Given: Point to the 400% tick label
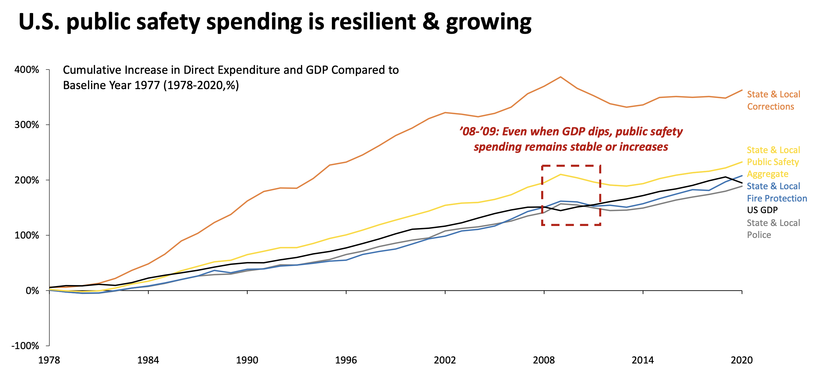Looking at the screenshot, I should coord(27,70).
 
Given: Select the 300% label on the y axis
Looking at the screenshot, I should coord(27,125).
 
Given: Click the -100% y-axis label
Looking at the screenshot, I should coord(25,345).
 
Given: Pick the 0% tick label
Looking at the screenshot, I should coord(32,290).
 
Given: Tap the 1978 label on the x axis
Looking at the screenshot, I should coord(49,360).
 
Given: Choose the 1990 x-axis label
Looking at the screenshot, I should coord(247,360).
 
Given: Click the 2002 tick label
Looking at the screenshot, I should coord(445,360).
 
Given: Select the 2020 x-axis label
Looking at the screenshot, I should coord(741,360).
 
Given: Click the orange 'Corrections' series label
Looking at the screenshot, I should coord(770,107).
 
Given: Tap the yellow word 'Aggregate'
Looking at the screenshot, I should coord(767,174).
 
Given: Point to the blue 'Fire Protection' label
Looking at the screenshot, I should coord(777,198).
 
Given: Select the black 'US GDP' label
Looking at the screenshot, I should coord(762,210).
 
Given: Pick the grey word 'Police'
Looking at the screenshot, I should coord(759,235).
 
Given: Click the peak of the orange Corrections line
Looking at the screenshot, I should coord(560,77).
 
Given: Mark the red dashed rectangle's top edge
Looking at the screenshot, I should coord(571,165).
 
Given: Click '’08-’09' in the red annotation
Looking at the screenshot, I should coord(479,131).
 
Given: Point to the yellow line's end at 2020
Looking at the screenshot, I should coord(741,162).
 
